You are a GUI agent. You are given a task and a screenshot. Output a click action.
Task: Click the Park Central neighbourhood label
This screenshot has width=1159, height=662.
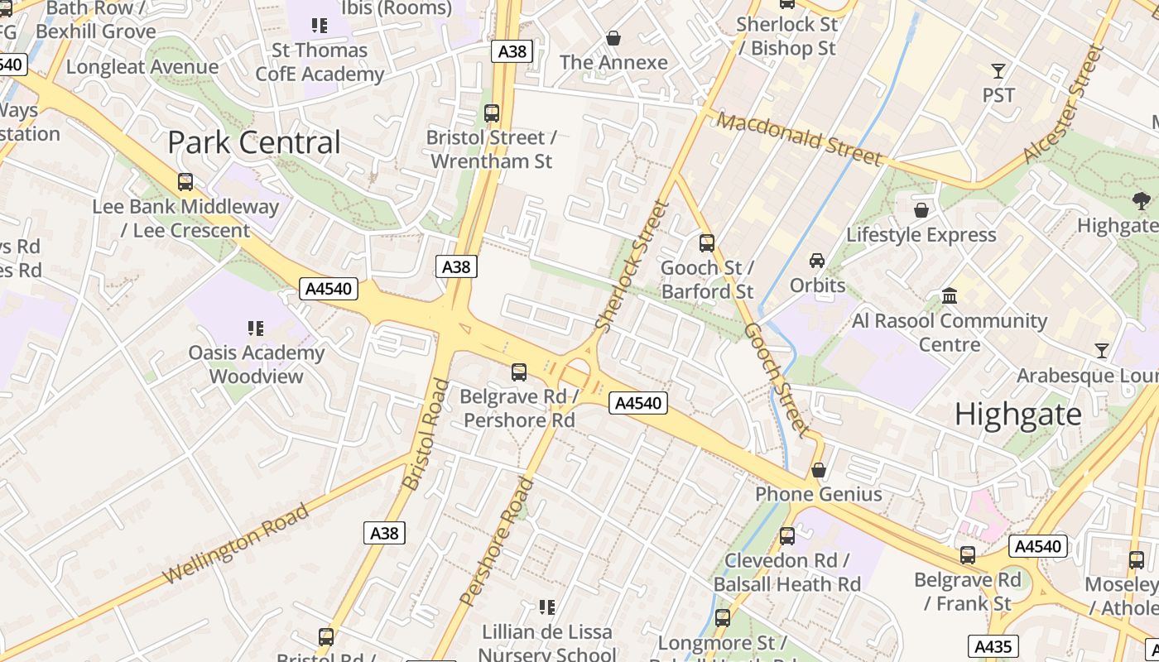254,142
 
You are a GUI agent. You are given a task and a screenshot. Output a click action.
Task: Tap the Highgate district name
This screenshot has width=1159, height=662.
1017,414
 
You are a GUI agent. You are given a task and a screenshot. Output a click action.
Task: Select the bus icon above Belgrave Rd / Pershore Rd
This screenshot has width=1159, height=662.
519,372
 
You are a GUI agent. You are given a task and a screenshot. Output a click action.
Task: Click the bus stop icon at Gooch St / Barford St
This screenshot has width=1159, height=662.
707,243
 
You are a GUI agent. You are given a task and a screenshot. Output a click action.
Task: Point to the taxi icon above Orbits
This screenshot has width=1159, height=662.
817,261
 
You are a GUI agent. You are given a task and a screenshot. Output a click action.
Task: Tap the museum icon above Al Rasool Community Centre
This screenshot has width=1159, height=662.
950,295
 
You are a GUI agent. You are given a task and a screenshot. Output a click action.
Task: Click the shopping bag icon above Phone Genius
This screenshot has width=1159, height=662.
819,470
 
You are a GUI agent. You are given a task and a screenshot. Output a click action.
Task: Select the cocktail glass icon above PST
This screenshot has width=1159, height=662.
998,70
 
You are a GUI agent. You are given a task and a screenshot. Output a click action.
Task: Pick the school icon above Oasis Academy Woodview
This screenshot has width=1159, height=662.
256,329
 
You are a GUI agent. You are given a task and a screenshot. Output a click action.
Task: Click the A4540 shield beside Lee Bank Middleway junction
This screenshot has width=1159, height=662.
329,289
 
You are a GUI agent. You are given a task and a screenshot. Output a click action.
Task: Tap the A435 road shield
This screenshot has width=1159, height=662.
993,646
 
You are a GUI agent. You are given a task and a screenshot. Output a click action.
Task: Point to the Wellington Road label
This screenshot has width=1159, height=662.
236,542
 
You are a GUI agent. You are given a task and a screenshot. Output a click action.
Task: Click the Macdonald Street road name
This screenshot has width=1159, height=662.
799,139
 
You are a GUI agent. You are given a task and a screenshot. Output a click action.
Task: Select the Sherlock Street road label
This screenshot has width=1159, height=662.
632,266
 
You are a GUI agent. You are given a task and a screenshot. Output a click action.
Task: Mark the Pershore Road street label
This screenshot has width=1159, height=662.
496,541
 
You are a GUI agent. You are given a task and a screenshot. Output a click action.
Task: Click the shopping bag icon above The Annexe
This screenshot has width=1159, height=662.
613,38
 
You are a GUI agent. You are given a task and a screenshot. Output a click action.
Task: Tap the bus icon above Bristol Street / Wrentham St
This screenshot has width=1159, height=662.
492,113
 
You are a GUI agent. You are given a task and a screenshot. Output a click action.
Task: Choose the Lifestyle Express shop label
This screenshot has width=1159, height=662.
921,235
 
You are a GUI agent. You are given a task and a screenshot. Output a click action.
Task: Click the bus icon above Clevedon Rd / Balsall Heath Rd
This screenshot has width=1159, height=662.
787,536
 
